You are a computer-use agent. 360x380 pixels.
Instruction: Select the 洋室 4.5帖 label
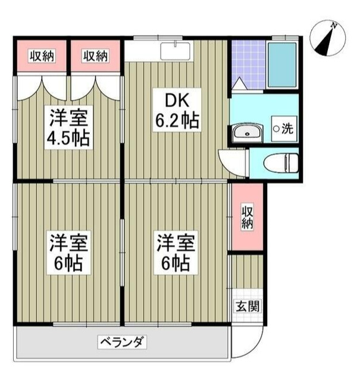pos(68,128)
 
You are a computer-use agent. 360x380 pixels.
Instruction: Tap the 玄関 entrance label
pos(245,307)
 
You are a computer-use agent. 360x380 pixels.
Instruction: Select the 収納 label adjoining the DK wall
pos(96,56)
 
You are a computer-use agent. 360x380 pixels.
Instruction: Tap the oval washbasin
pos(246,131)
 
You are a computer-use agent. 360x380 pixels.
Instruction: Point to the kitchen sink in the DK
pos(174,51)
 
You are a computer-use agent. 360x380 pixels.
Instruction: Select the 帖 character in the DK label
pos(191,120)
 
